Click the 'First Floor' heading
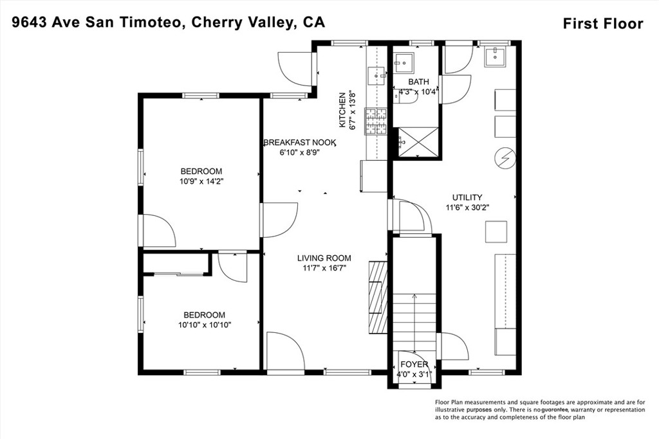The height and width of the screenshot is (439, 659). click(x=602, y=24)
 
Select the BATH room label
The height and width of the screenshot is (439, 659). click(x=418, y=82)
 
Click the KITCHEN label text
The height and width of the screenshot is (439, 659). click(x=342, y=110)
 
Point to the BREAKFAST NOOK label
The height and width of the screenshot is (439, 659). click(x=300, y=143)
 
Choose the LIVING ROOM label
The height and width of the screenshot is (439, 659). click(x=324, y=258)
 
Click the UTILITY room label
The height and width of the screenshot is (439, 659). click(x=467, y=197)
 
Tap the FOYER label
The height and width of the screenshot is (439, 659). click(x=414, y=364)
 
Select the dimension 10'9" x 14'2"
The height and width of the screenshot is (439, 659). click(x=201, y=182)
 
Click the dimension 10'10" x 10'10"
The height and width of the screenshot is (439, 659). click(x=205, y=325)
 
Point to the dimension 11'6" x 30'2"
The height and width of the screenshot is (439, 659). click(x=467, y=208)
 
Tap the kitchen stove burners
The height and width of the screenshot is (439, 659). click(x=375, y=121)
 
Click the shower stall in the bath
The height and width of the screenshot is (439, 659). click(x=418, y=142)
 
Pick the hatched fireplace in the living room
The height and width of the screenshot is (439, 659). click(x=378, y=298)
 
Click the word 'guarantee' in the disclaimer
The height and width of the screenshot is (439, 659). click(x=555, y=409)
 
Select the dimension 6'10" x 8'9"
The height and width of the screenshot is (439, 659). click(x=300, y=153)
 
